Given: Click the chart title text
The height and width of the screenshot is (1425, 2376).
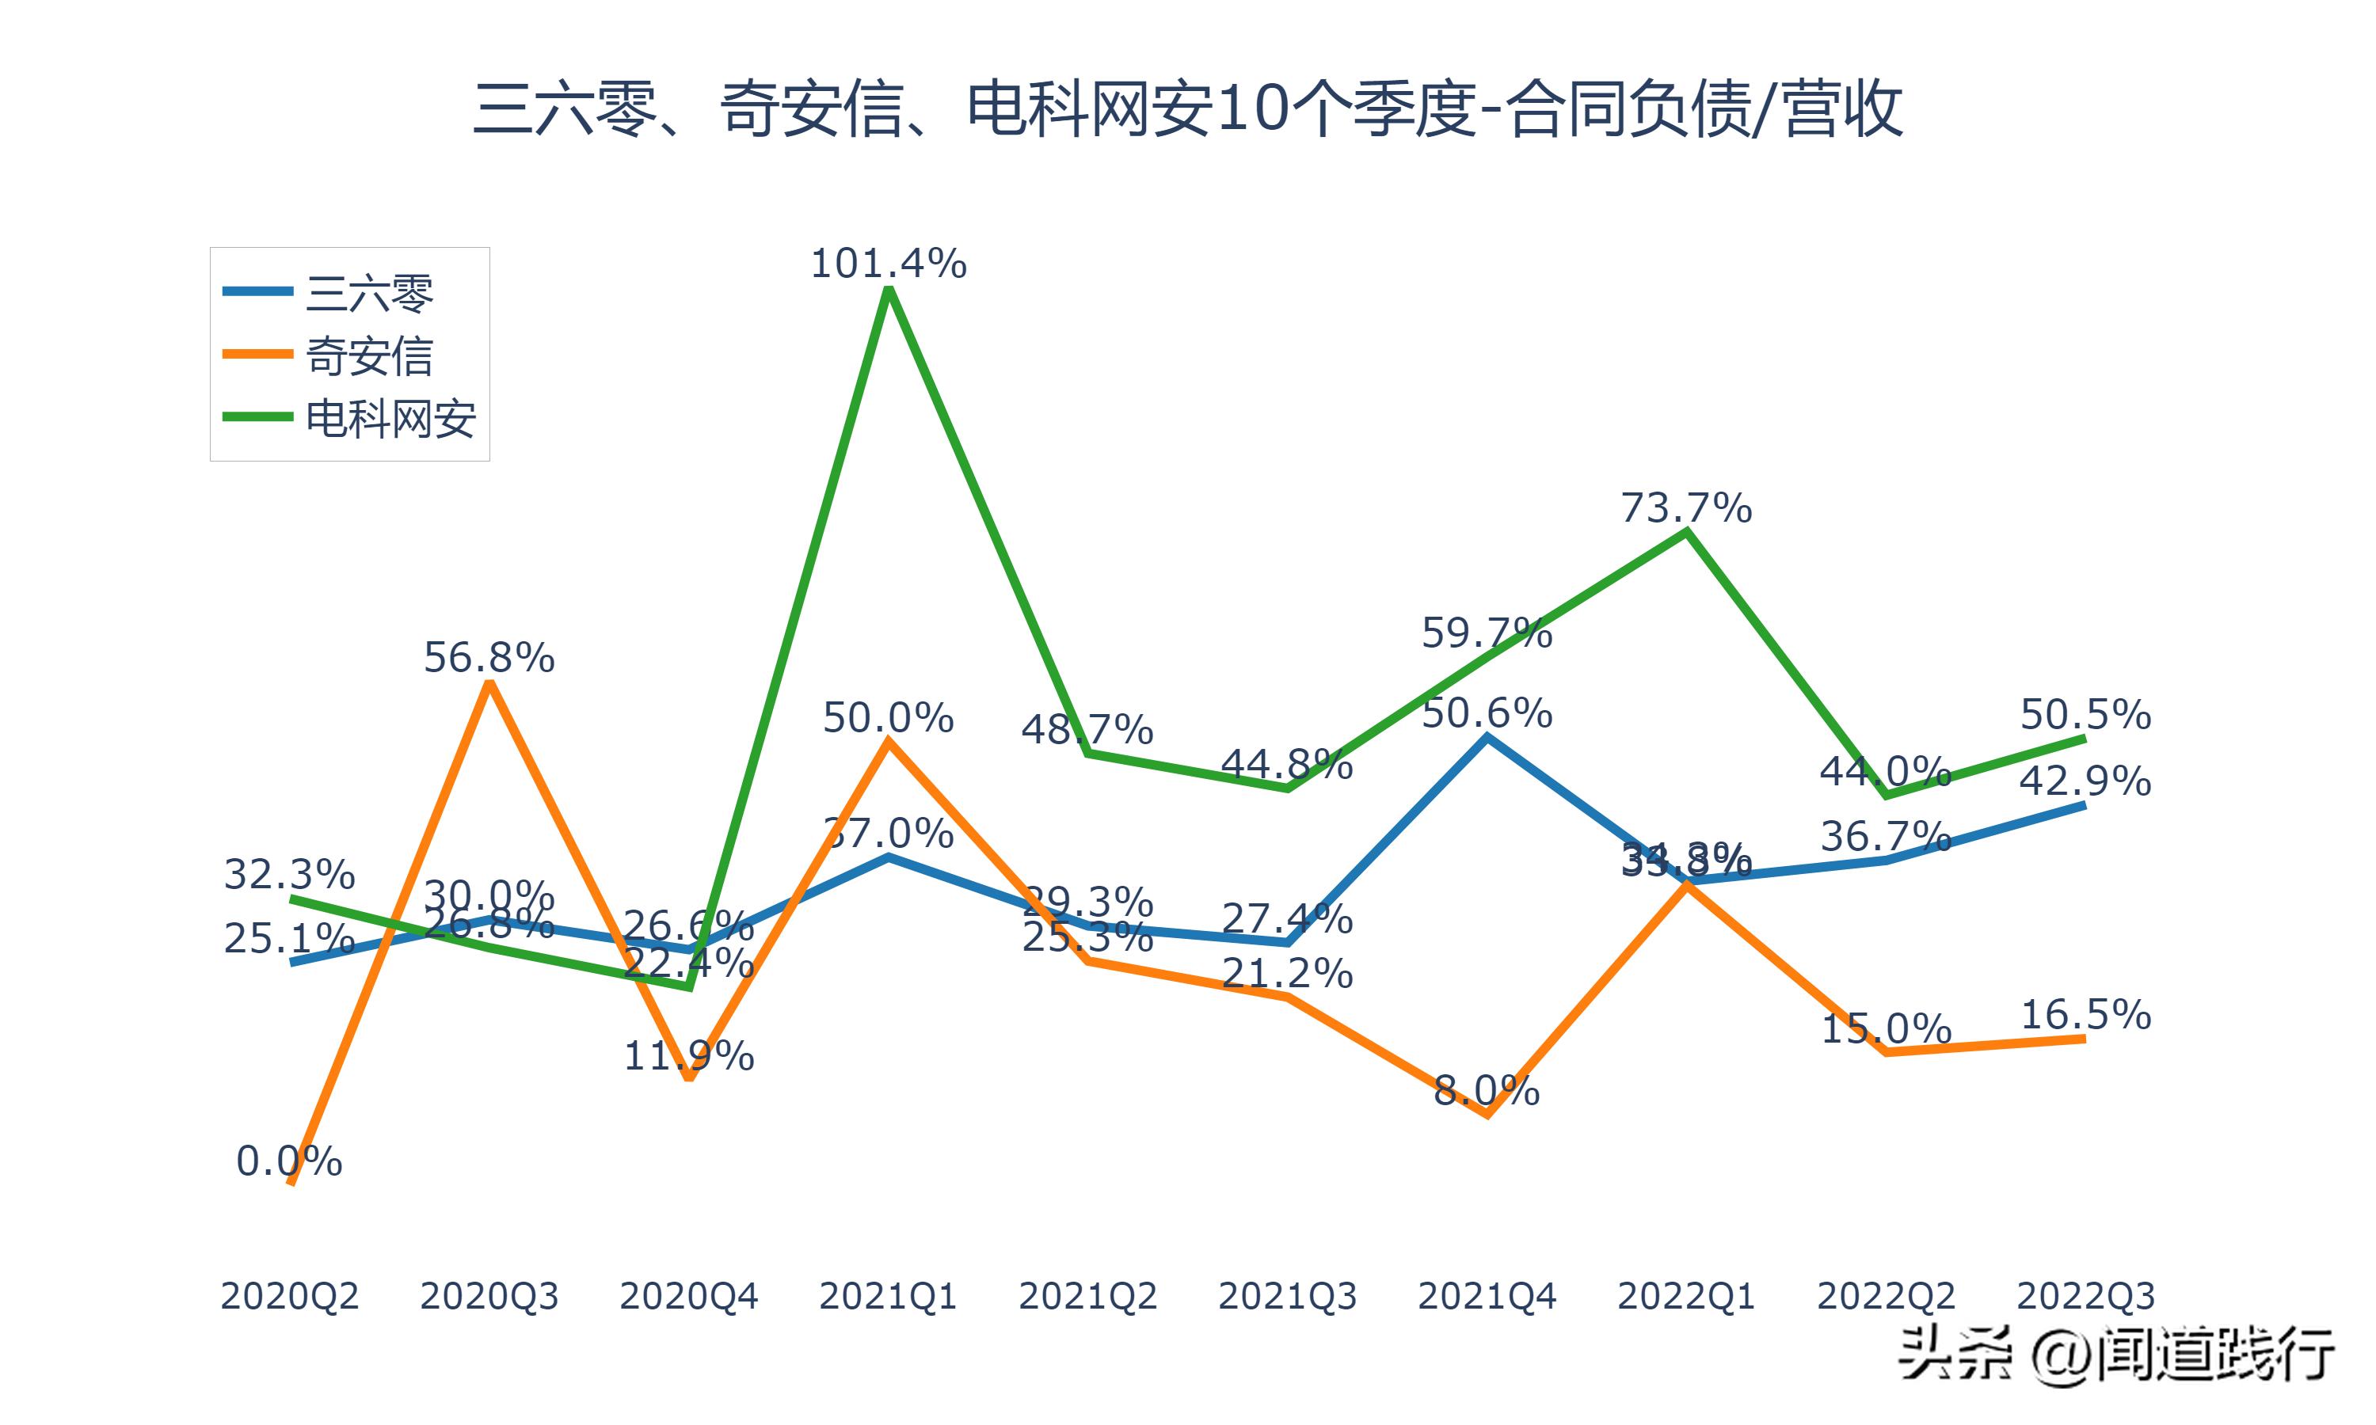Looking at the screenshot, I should pos(1187,109).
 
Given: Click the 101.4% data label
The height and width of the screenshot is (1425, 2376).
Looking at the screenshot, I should pos(889,263).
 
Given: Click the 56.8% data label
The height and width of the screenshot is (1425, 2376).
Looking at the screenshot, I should pos(489,658).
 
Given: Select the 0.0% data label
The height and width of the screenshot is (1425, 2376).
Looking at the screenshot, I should pos(289,1162).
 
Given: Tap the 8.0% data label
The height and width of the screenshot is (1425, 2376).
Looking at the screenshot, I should pos(1487,1091).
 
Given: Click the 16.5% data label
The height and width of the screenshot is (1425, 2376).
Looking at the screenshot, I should pos(2085,1015).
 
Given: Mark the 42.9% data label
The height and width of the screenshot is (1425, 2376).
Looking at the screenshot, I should pos(2085,781).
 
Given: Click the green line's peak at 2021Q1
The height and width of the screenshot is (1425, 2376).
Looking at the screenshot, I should pos(889,289).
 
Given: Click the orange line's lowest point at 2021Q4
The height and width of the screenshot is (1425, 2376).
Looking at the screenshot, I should pos(1487,1115).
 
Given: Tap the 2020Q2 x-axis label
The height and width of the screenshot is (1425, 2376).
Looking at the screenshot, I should pos(289,1296).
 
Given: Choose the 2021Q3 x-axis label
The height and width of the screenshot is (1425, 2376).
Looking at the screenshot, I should pos(1287,1296).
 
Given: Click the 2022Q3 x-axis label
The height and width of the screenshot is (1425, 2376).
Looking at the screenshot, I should pos(2085,1296).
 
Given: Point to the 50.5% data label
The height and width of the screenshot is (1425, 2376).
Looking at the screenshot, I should pos(2085,714).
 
